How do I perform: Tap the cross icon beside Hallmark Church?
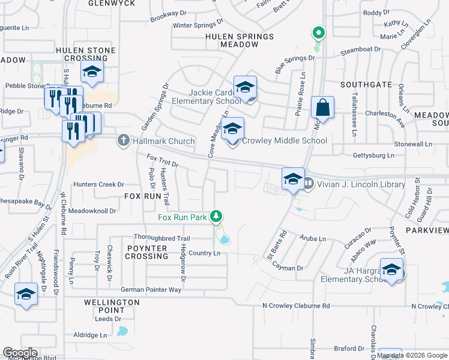[123, 141]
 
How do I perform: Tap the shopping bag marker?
[322, 109]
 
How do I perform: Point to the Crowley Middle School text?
[285, 141]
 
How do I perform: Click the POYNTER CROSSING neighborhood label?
[146, 252]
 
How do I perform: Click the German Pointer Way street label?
[151, 290]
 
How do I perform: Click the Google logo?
[20, 353]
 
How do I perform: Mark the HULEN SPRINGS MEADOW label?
[239, 40]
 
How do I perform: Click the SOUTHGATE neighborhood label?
[366, 85]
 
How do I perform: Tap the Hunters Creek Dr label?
[98, 185]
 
